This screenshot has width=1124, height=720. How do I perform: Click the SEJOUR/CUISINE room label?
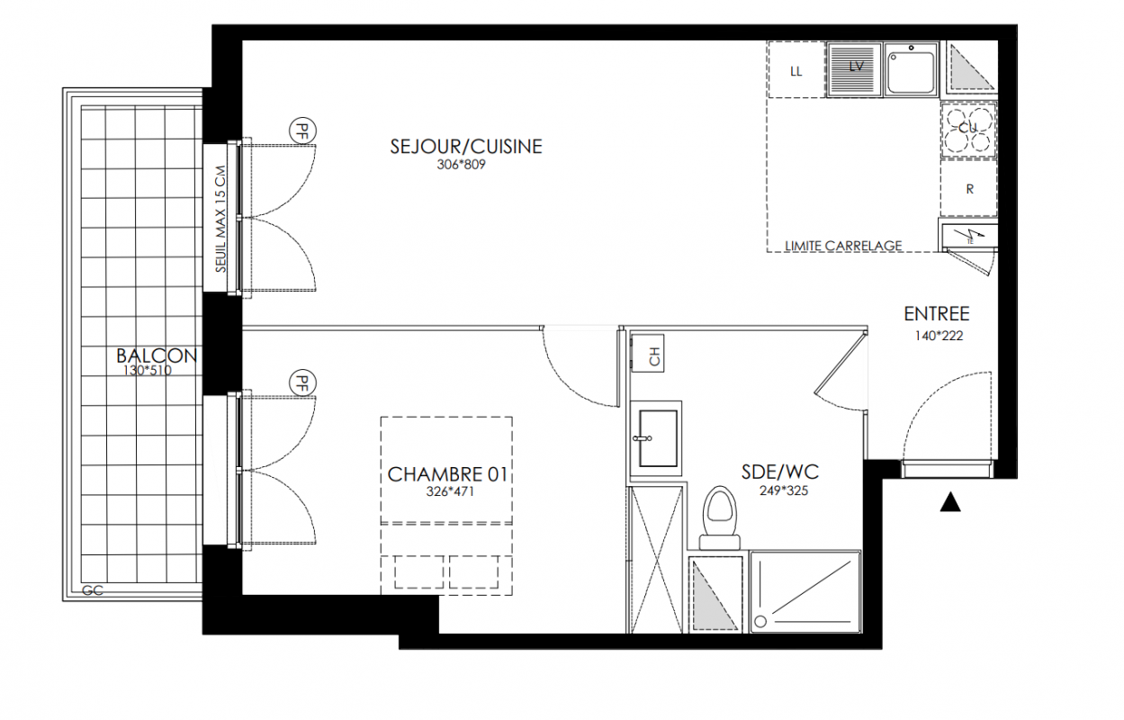(466, 147)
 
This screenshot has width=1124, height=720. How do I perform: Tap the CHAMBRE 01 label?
(447, 474)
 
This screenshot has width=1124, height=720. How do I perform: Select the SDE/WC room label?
(780, 472)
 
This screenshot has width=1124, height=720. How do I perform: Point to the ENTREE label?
(936, 314)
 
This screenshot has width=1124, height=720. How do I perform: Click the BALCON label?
(157, 355)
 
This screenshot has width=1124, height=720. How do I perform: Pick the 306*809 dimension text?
(461, 165)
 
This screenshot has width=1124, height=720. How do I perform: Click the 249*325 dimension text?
(784, 490)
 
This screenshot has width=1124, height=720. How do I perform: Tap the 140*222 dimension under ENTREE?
(939, 336)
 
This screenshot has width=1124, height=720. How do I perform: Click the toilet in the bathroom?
(720, 517)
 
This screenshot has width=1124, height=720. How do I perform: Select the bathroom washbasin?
(656, 438)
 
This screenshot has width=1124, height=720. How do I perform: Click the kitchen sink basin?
(911, 69)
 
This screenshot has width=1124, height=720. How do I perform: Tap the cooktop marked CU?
(968, 129)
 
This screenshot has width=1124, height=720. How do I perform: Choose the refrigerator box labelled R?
(968, 189)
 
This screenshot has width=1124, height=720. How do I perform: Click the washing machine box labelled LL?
(796, 69)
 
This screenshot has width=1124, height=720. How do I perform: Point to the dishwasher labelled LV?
(855, 69)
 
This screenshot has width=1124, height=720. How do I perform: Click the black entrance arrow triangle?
(950, 502)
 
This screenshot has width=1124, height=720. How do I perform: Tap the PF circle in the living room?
(302, 131)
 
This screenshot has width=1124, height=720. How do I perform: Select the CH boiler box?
(648, 353)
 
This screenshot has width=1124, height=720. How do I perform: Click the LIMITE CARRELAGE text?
(843, 246)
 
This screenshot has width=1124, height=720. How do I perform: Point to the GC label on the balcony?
(93, 590)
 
